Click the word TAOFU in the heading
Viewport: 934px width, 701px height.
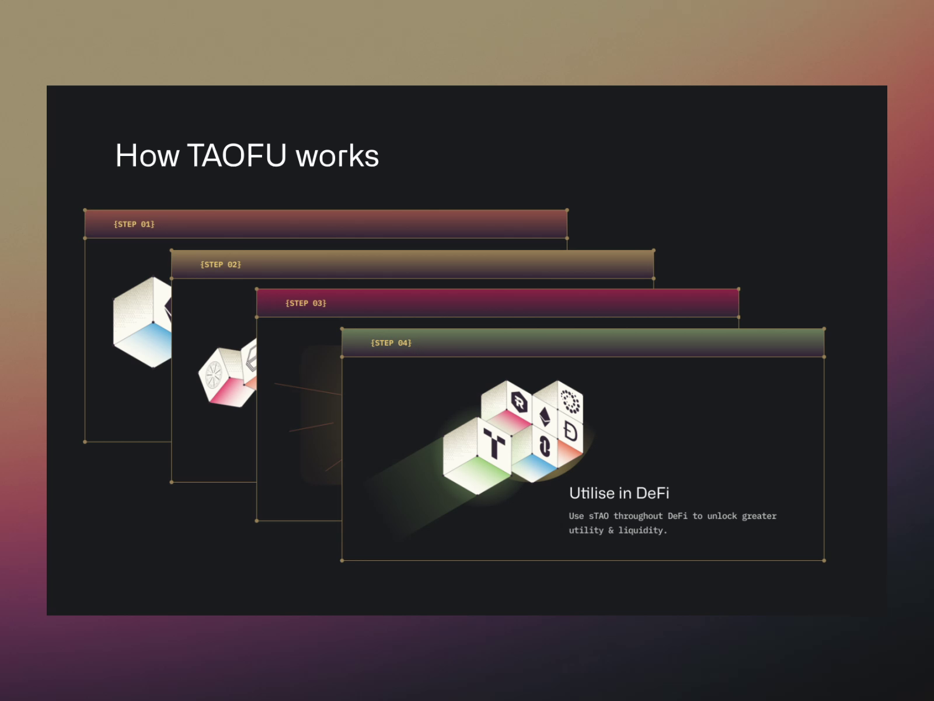[x=237, y=156]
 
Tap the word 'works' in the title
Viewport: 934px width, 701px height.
[x=337, y=157]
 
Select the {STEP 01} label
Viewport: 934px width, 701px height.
[x=134, y=224]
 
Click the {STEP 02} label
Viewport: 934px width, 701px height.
[x=221, y=265]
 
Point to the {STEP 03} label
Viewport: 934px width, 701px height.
[x=306, y=303]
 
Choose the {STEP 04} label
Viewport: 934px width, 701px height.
[x=391, y=343]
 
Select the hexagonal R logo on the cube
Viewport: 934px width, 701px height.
[x=518, y=401]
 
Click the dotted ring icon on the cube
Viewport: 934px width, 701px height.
[x=570, y=402]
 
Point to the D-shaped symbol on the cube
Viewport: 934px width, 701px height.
[x=570, y=432]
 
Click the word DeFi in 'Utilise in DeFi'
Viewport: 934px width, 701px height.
[x=652, y=494]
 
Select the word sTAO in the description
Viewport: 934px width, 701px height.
[x=598, y=516]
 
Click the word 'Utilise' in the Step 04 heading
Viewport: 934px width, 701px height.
[x=591, y=494]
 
